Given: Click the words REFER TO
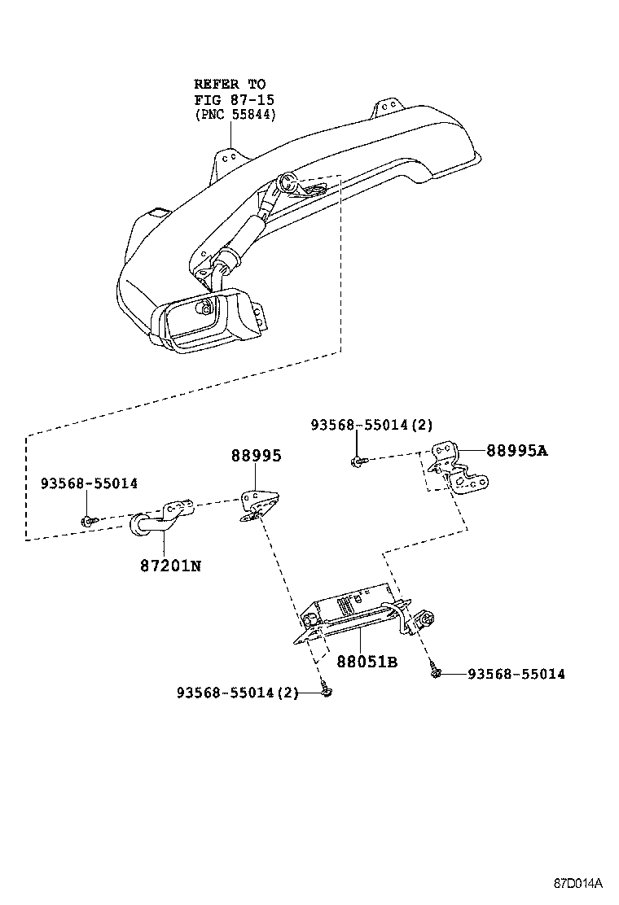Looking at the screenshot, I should point(229,84).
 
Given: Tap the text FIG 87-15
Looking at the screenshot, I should point(233,99).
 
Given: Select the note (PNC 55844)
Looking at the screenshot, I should point(235,115).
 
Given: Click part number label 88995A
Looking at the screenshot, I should point(517,450).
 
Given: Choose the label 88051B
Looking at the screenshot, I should point(367,662).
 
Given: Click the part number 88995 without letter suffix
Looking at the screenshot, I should point(256,456).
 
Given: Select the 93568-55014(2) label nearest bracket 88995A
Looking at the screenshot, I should point(371,425).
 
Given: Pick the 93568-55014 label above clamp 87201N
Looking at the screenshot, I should point(89,483).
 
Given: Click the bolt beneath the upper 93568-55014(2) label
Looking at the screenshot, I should point(358,461).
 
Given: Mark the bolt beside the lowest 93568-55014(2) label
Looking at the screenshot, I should point(327,691).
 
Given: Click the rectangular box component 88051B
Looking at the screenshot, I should point(350,610).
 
